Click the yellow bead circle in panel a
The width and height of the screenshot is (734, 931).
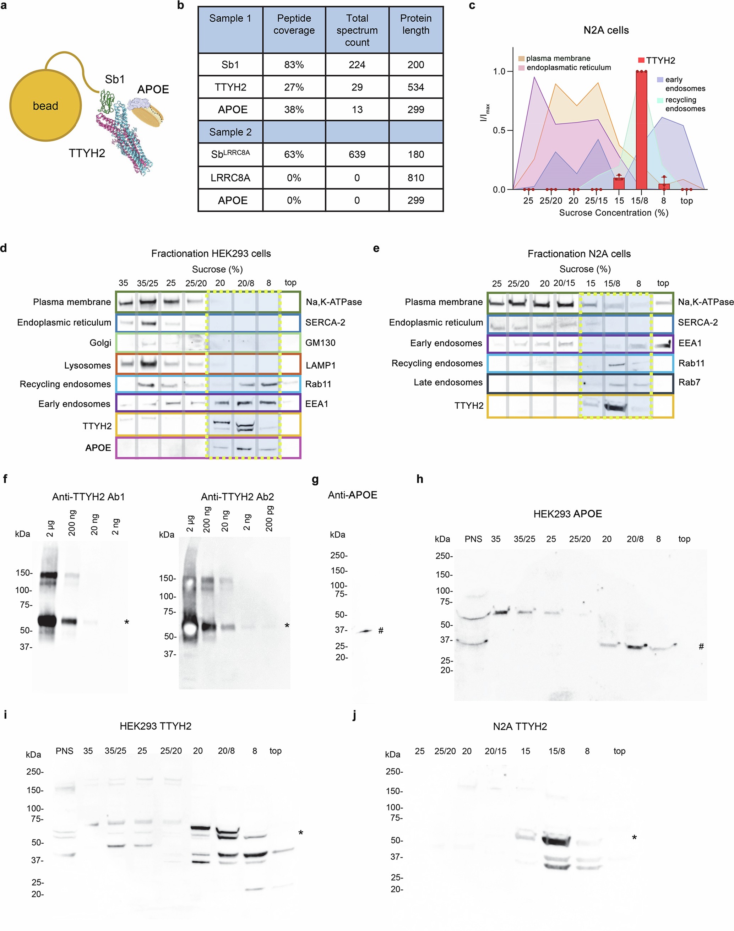click(45, 106)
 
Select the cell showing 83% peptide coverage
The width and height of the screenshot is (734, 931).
click(294, 65)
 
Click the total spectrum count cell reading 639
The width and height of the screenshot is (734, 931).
click(357, 155)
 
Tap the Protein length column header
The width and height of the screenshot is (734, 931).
click(415, 24)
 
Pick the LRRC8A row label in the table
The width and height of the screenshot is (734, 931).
click(230, 178)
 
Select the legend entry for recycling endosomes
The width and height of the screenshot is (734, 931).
click(685, 104)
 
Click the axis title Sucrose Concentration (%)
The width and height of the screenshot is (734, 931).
click(613, 213)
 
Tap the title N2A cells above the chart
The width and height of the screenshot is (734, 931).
click(606, 31)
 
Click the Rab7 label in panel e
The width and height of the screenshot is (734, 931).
click(689, 382)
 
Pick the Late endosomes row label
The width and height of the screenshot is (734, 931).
click(448, 382)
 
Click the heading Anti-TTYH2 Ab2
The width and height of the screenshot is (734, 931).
click(237, 497)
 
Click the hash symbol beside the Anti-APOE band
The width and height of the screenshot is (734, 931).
click(381, 631)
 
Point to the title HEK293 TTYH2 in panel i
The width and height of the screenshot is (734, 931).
click(156, 726)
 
